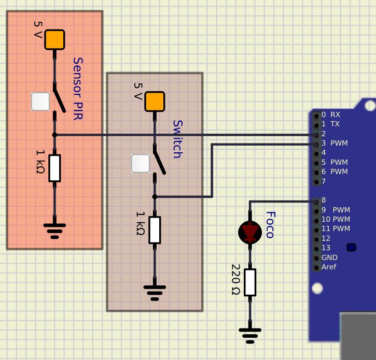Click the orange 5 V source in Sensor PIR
coord(54,40)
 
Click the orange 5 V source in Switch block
coord(155,102)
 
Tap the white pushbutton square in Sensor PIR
coord(40,102)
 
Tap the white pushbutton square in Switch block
coord(140,163)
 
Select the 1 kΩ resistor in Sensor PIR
coord(54,168)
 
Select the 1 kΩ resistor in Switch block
coord(155,230)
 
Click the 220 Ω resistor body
coord(250,282)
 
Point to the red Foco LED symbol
coord(250,233)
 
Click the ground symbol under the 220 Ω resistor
coord(250,336)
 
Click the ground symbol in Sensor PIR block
coord(54,231)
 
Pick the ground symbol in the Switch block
coord(155,293)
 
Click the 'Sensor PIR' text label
coord(78,89)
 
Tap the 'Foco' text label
coord(270,225)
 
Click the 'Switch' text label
coord(178,139)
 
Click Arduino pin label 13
coord(326,248)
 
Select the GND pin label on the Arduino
coord(329,257)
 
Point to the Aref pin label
coord(329,267)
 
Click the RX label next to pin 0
coord(335,114)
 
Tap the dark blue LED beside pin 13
coord(351,248)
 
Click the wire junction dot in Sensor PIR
coord(54,135)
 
